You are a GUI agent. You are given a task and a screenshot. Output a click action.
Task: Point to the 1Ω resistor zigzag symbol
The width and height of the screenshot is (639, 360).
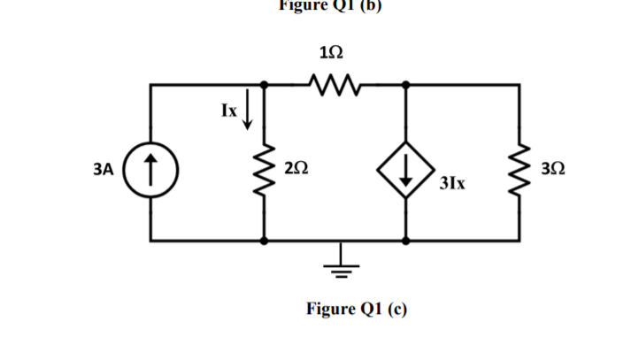[x=335, y=85]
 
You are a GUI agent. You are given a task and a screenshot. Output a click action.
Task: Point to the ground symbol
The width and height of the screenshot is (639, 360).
[x=335, y=263]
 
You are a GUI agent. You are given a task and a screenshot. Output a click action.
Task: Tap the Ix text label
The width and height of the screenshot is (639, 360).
[x=228, y=111]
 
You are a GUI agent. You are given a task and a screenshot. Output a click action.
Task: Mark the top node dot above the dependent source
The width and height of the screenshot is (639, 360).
[x=405, y=86]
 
